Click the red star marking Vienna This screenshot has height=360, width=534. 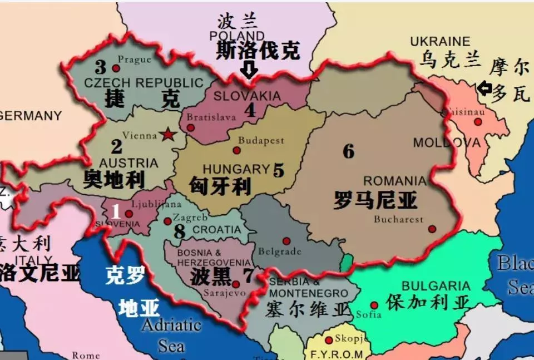pyautogui.click(x=166, y=134)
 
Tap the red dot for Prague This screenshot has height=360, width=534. pyautogui.click(x=116, y=68)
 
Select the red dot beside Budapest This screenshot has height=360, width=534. pyautogui.click(x=236, y=150)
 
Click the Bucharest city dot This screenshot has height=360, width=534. pyautogui.click(x=432, y=229)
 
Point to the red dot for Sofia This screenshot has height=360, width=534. pyautogui.click(x=374, y=305)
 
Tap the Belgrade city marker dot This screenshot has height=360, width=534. pyautogui.click(x=286, y=241)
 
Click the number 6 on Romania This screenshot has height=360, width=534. pyautogui.click(x=349, y=151)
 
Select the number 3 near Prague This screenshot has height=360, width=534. pyautogui.click(x=100, y=67)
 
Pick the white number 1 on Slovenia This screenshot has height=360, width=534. pyautogui.click(x=116, y=211)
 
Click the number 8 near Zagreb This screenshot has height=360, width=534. pyautogui.click(x=179, y=231)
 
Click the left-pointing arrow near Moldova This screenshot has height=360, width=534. pyautogui.click(x=484, y=88)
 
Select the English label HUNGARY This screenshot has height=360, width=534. pyautogui.click(x=236, y=169)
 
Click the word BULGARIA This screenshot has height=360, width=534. pyautogui.click(x=436, y=287)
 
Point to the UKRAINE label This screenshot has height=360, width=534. pyautogui.click(x=440, y=42)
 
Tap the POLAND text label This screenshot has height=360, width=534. pyautogui.click(x=238, y=36)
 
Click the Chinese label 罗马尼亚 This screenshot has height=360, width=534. pyautogui.click(x=375, y=200)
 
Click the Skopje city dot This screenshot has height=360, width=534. pyautogui.click(x=329, y=340)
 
